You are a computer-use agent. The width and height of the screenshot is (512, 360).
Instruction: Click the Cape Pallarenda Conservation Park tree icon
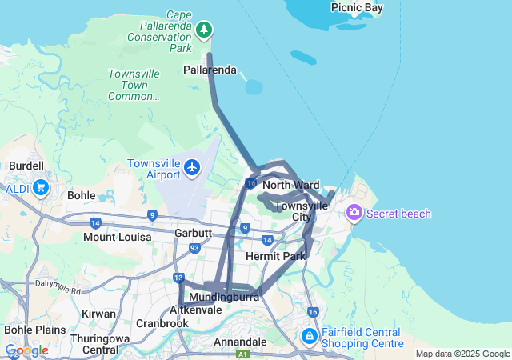205,30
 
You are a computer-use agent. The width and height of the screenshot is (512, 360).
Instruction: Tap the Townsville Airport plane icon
192,167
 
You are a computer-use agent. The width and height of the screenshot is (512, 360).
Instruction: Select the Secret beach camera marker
353,213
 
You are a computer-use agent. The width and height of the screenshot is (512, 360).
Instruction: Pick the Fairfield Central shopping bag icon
310,337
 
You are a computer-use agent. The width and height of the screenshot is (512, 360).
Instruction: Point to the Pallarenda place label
210,70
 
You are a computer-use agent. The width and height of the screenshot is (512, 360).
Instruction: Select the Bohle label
82,195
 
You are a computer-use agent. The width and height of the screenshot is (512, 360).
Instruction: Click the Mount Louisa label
118,238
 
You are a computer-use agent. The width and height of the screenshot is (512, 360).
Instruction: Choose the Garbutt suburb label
193,234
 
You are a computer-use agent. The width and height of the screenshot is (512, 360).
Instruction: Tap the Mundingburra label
228,297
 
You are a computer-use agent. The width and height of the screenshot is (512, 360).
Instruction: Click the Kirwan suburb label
98,314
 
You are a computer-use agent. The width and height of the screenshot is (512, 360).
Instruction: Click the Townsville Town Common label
134,85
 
